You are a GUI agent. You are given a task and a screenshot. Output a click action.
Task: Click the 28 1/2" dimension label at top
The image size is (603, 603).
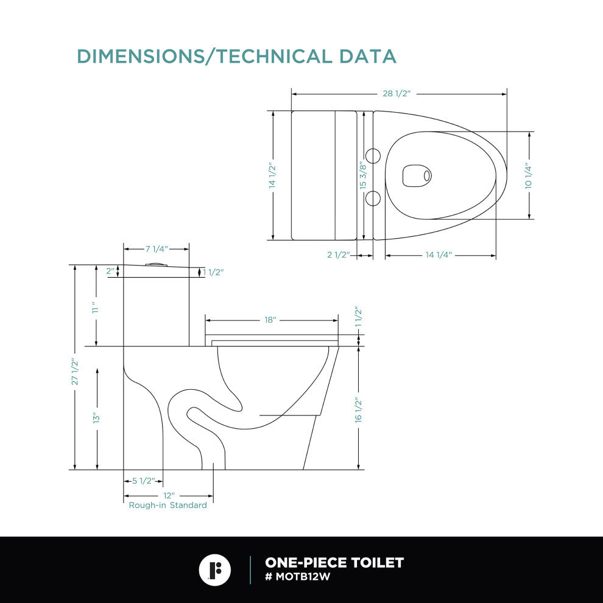(x=397, y=94)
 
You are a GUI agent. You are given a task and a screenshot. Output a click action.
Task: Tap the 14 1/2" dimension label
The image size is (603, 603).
(x=272, y=176)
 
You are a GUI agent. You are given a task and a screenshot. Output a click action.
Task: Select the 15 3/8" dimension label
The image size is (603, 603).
(x=364, y=175)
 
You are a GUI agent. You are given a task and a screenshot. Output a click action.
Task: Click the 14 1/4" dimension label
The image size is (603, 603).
(x=439, y=255)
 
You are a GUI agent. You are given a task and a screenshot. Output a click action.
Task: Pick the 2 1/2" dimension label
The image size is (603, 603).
(x=339, y=255)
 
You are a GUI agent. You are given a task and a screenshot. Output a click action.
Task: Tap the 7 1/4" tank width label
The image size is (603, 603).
(x=157, y=249)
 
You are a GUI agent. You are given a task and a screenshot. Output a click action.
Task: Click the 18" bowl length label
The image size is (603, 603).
(x=270, y=320)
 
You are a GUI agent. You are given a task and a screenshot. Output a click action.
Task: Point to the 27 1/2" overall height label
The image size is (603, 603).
(x=75, y=372)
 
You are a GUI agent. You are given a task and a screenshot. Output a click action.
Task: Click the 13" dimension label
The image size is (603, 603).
(x=96, y=418)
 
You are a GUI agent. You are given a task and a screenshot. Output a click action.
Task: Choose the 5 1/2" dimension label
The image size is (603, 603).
(x=144, y=481)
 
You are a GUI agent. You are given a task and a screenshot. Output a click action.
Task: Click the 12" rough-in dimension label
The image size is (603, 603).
(x=169, y=495)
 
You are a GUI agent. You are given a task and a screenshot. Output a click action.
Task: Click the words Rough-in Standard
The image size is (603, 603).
(x=167, y=505)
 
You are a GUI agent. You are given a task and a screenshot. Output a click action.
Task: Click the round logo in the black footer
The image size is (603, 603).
(x=215, y=570)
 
